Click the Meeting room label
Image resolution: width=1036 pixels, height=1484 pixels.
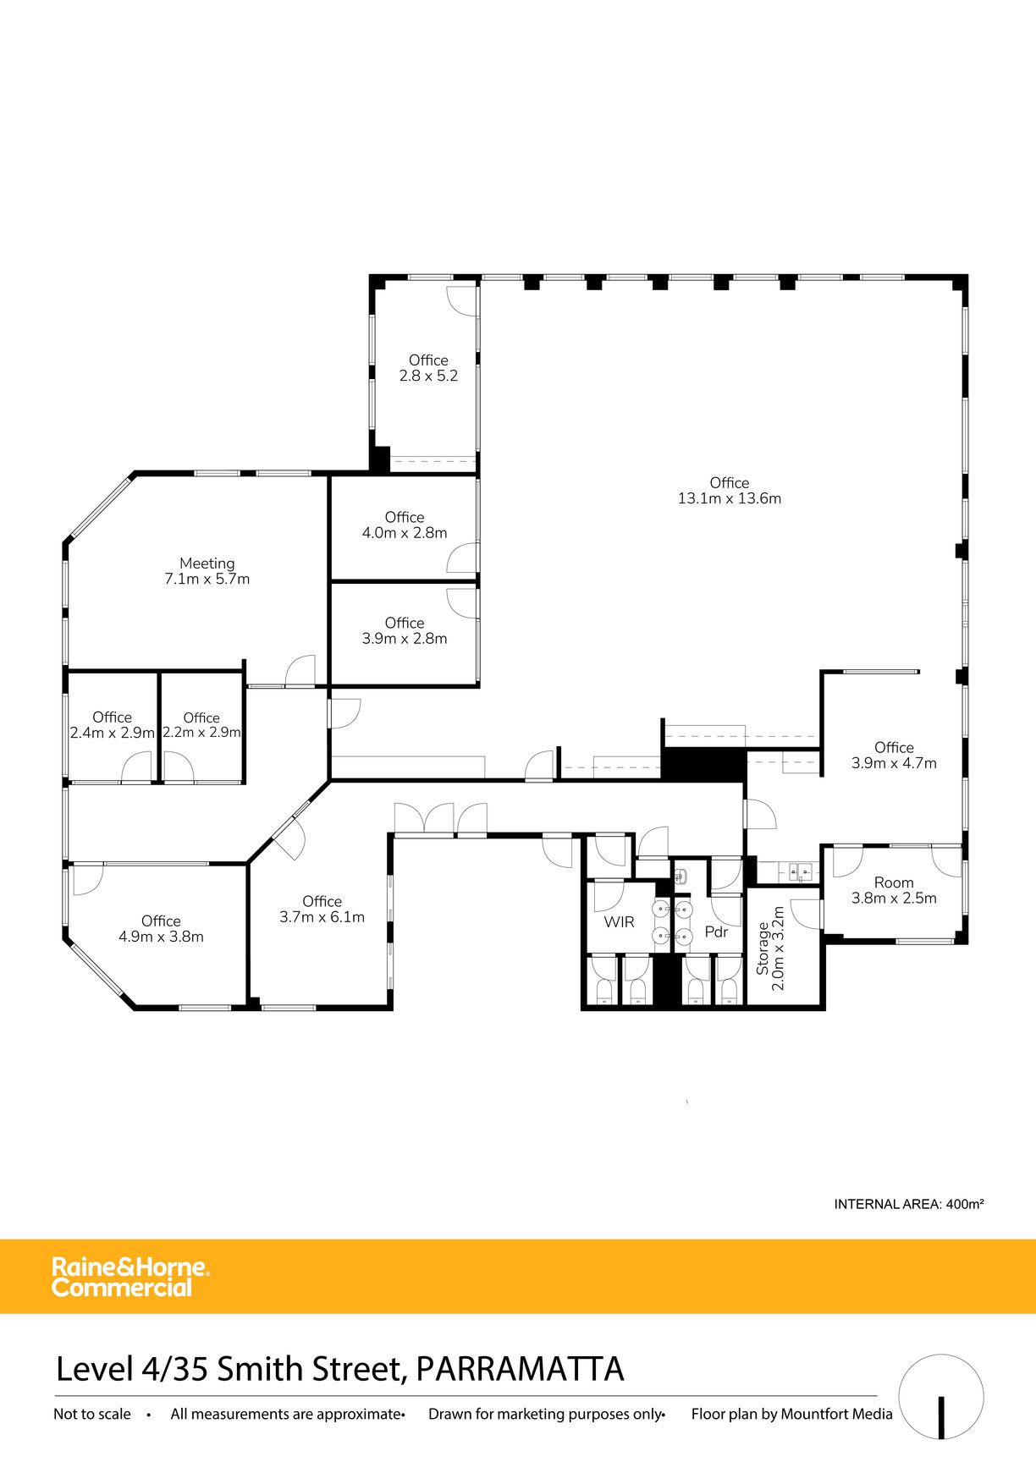click(x=207, y=571)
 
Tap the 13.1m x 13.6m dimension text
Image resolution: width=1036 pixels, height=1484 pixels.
click(x=730, y=498)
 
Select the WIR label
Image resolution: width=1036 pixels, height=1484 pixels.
click(x=619, y=922)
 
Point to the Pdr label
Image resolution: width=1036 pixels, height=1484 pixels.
click(x=716, y=932)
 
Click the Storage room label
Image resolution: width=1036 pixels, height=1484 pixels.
click(x=770, y=948)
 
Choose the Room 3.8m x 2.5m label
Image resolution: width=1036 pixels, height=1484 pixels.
click(x=894, y=890)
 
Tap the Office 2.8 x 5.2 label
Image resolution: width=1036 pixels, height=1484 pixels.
click(x=428, y=368)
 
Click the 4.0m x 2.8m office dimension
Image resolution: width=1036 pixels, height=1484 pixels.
click(x=405, y=533)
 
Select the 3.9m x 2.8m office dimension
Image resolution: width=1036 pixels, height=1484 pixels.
click(x=405, y=639)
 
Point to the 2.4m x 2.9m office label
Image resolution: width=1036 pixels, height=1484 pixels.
click(x=113, y=725)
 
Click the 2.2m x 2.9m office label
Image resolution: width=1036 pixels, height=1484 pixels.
click(x=201, y=725)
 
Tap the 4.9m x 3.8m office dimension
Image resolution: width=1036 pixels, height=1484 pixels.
click(x=161, y=937)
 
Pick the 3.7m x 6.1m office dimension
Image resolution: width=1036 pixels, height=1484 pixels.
click(x=322, y=917)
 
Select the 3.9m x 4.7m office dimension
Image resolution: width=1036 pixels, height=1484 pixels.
click(x=894, y=763)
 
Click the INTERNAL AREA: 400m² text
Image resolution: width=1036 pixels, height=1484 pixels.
click(x=908, y=1204)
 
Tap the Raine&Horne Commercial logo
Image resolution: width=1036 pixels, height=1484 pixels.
click(x=130, y=1278)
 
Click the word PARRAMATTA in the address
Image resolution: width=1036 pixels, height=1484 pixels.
click(x=520, y=1369)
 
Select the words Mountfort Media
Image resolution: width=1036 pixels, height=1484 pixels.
click(x=836, y=1414)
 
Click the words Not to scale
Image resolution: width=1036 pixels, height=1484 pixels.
click(x=92, y=1414)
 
